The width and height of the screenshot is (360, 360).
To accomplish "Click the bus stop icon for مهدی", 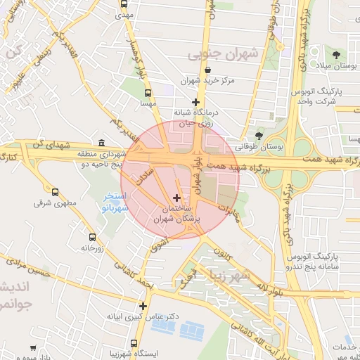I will (124, 4).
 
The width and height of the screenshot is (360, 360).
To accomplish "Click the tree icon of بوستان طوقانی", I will (259, 136).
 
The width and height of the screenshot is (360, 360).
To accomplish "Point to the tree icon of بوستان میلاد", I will (337, 55).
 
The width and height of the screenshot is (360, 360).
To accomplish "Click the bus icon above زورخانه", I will (91, 237).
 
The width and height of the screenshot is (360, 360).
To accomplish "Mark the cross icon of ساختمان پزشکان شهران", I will (176, 198).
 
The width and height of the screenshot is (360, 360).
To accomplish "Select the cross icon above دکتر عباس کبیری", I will (143, 306).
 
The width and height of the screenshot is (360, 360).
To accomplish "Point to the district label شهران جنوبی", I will (224, 54).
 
